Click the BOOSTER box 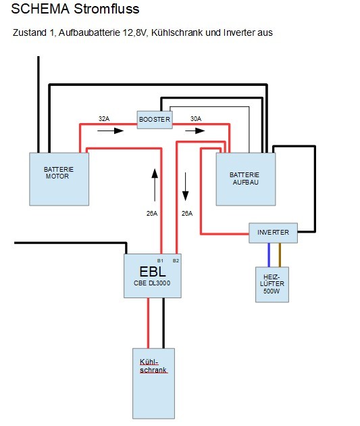pyautogui.click(x=155, y=120)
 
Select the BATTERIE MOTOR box pyautogui.click(x=59, y=179)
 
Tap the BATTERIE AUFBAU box pyautogui.click(x=246, y=179)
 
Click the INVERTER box pyautogui.click(x=273, y=233)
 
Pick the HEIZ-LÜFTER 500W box pyautogui.click(x=272, y=285)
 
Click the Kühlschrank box pyautogui.click(x=153, y=383)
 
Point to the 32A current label pyautogui.click(x=104, y=119)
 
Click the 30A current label pyautogui.click(x=196, y=119)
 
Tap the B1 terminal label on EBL pyautogui.click(x=160, y=260)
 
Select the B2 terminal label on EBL pyautogui.click(x=176, y=260)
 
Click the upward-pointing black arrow pyautogui.click(x=155, y=185)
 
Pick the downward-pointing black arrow pyautogui.click(x=185, y=187)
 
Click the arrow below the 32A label pyautogui.click(x=110, y=131)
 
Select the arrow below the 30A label pyautogui.click(x=195, y=131)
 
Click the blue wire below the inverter pyautogui.click(x=269, y=255)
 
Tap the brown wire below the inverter pyautogui.click(x=280, y=255)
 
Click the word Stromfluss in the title pyautogui.click(x=107, y=9)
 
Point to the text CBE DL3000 pyautogui.click(x=152, y=283)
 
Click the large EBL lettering pyautogui.click(x=153, y=271)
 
